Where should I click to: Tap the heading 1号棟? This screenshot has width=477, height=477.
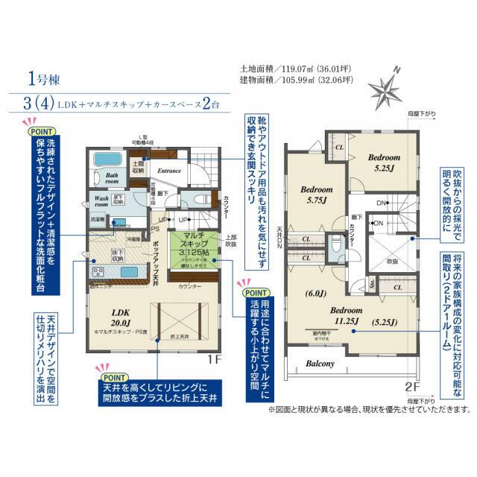click(42, 77)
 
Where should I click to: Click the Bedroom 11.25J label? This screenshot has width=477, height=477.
click(347, 316)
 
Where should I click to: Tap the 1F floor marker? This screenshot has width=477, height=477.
click(215, 358)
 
